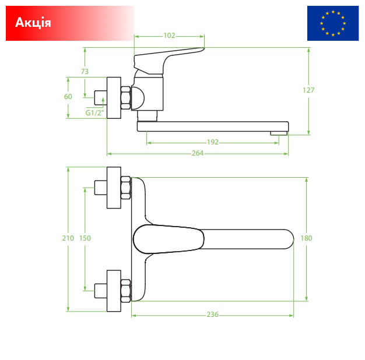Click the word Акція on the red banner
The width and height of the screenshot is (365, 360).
33,23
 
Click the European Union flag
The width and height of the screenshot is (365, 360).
333,23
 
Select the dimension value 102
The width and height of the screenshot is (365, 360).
169,36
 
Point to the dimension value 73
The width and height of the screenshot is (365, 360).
85,72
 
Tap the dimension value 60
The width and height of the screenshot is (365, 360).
68,97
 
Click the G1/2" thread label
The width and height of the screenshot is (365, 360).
94,113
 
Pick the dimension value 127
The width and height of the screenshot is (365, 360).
308,90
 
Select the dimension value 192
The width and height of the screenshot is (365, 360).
213,142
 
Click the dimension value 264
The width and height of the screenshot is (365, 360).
198,153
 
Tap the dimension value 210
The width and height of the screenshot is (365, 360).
68,238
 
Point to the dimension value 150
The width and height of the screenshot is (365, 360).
85,238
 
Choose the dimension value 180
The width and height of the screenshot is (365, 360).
306,238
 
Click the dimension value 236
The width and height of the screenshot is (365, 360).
213,315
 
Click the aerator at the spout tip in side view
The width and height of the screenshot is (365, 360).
279,133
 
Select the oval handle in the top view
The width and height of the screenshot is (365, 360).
169,239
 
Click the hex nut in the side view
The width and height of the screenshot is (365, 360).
126,98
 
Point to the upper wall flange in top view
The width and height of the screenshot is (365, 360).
114,188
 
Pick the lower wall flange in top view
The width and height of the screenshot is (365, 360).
114,291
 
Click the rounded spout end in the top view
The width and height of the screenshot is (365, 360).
289,239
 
